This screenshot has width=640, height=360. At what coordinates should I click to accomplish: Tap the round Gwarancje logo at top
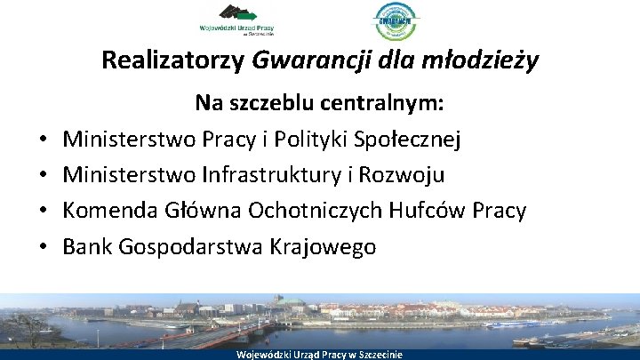tap(396, 21)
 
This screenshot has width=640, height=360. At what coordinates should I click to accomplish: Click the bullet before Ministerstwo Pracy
tap(43, 140)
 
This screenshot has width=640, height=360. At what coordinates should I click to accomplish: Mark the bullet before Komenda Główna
tap(43, 212)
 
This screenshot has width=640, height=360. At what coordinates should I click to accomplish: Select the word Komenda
tap(105, 211)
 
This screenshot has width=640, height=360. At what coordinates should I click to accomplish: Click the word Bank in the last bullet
tap(84, 246)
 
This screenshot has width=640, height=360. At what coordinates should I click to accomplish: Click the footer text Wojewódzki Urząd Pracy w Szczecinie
tap(319, 354)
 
